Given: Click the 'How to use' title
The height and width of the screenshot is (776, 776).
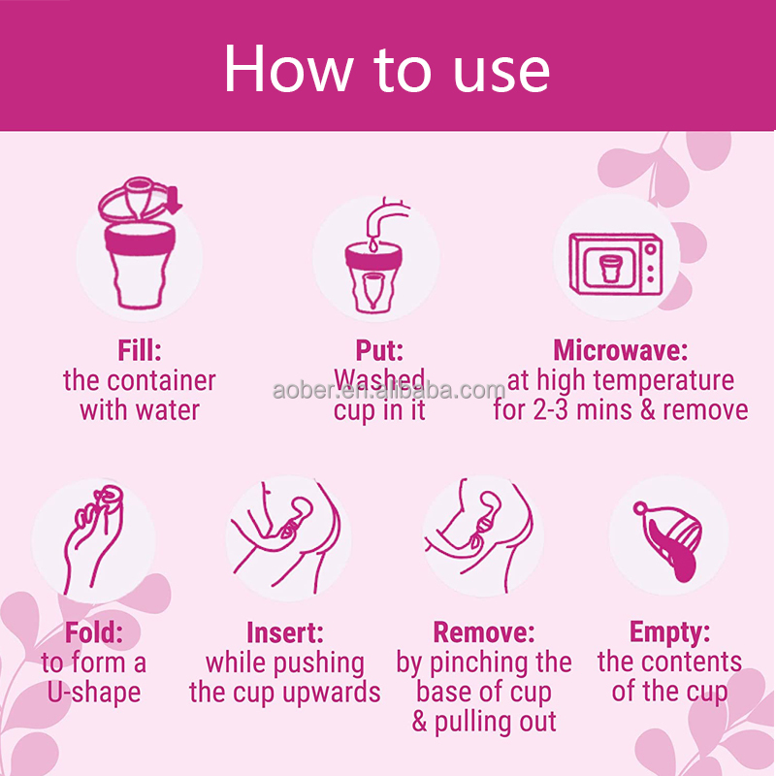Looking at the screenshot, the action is click(x=386, y=69).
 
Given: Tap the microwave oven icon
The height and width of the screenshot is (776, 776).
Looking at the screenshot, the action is click(x=616, y=265).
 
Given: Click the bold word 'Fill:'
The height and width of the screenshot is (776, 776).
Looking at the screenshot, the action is click(x=140, y=350).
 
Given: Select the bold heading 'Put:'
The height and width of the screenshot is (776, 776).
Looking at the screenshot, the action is click(x=379, y=350).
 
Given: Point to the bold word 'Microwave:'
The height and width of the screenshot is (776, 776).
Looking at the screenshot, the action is click(x=621, y=350).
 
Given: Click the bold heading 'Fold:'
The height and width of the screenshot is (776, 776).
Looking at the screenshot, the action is click(x=94, y=632).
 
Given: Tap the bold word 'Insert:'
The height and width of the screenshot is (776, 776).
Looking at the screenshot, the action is click(x=285, y=632).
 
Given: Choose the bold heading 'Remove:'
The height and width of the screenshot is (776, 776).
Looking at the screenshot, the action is click(x=484, y=632).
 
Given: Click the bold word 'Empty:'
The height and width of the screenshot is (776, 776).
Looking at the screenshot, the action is click(x=669, y=632).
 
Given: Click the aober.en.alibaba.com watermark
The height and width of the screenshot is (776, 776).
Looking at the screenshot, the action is click(x=389, y=391).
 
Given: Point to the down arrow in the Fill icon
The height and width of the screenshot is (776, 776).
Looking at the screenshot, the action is click(x=174, y=201).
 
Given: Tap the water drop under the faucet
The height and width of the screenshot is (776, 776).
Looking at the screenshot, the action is click(x=372, y=243).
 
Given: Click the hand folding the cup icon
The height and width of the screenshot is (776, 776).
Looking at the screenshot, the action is click(x=94, y=539).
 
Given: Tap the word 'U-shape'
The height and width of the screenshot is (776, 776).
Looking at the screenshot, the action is click(x=94, y=693).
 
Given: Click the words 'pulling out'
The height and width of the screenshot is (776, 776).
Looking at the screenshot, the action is click(x=496, y=723).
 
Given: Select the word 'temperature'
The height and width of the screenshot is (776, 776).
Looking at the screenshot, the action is click(x=663, y=381).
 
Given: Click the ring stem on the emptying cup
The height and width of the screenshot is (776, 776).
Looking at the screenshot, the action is click(x=641, y=508).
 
